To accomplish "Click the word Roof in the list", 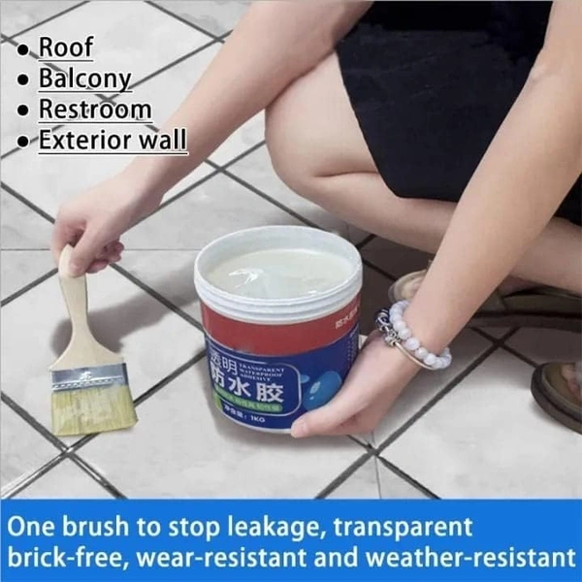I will pyautogui.click(x=65, y=46).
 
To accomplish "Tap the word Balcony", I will pyautogui.click(x=84, y=78).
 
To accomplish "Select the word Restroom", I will pyautogui.click(x=94, y=109).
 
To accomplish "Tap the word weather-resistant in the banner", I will pyautogui.click(x=466, y=560).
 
